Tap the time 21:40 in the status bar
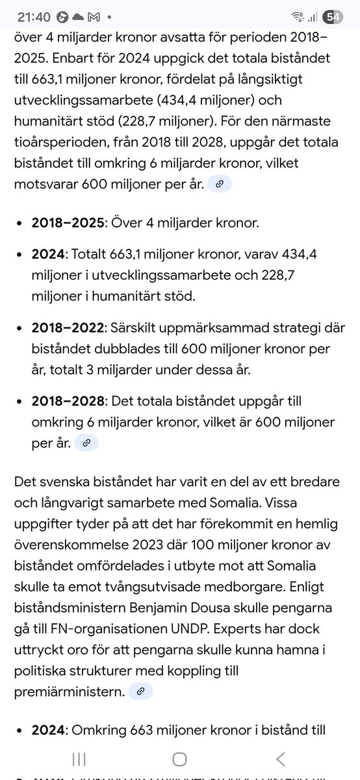pyautogui.click(x=32, y=16)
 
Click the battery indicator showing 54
pyautogui.click(x=333, y=17)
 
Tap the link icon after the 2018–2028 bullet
pyautogui.click(x=86, y=443)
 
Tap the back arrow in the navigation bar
pyautogui.click(x=280, y=759)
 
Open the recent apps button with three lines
pyautogui.click(x=79, y=759)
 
